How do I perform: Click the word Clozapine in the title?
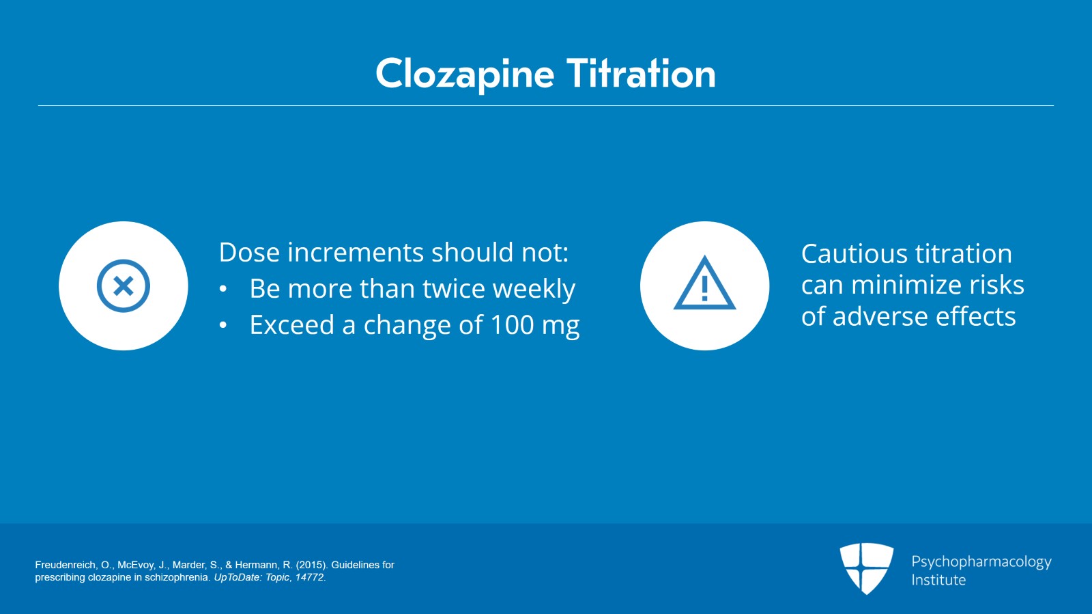click(x=464, y=74)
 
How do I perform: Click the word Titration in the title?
click(x=641, y=74)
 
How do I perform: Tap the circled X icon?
click(x=124, y=285)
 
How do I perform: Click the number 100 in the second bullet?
click(x=512, y=325)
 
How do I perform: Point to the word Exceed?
click(x=291, y=325)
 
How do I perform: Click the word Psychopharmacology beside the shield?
click(x=981, y=562)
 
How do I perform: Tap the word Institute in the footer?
click(x=938, y=580)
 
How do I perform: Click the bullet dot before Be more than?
click(x=223, y=290)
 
